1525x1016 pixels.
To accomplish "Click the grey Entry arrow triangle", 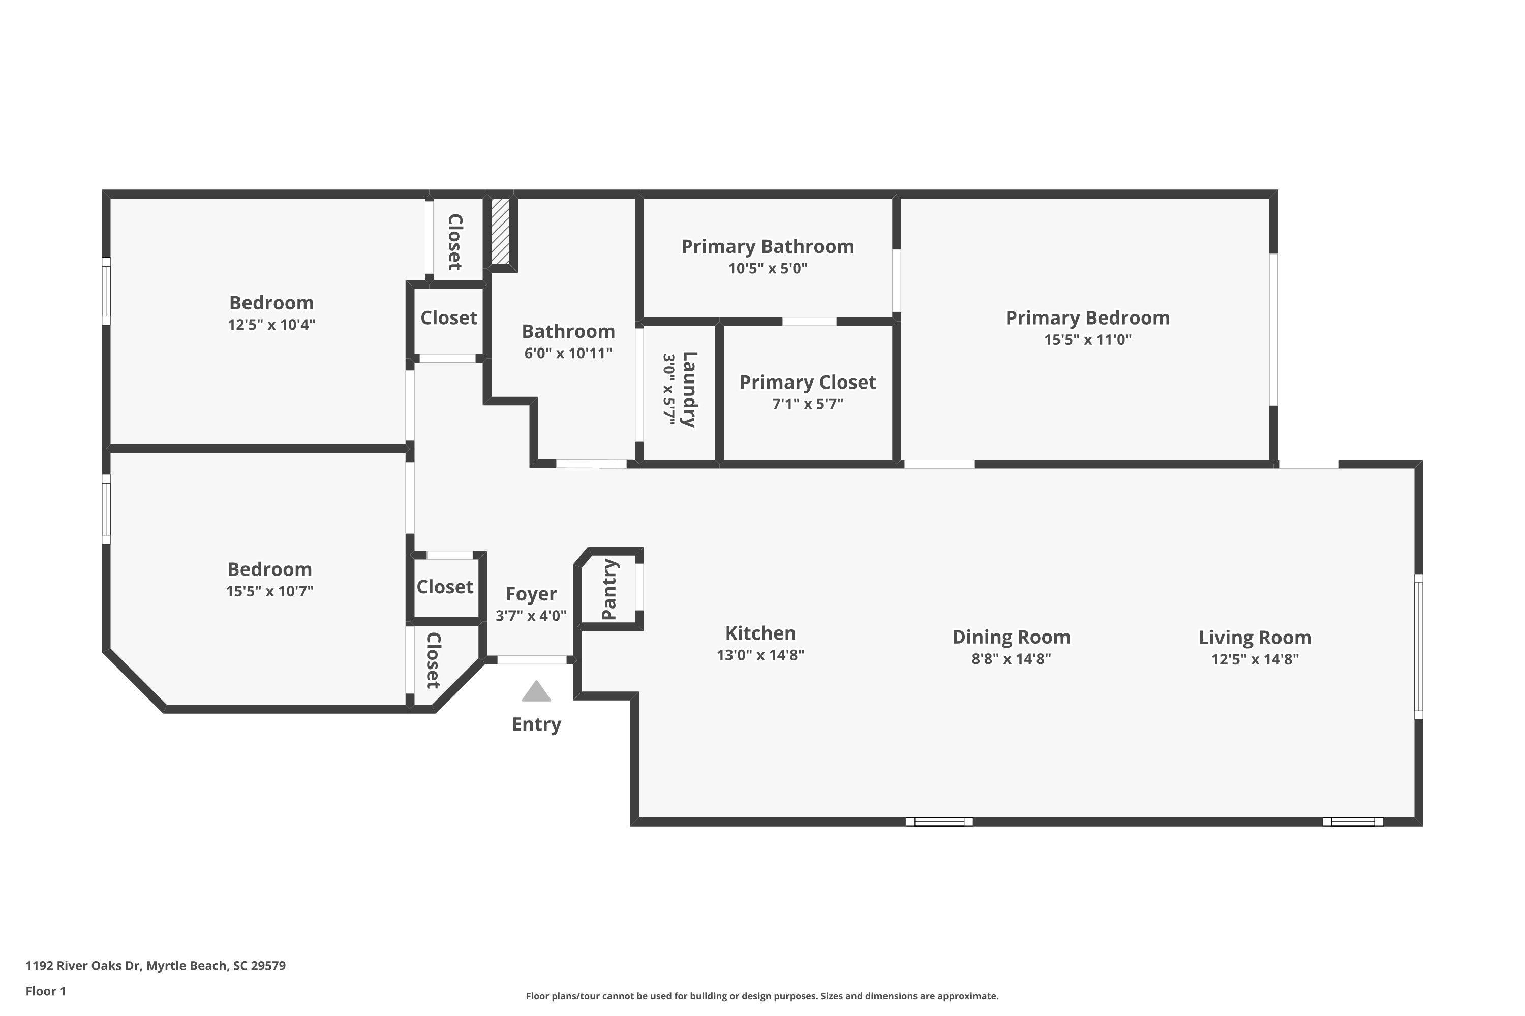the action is [536, 691].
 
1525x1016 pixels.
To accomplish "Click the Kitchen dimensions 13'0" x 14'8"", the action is [760, 655].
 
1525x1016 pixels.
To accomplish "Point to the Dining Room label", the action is [1011, 637].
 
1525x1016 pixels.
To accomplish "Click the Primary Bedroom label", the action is [1087, 317].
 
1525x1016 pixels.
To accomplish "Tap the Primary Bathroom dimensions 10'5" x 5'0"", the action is [768, 268].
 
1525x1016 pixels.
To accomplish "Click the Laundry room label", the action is [690, 390].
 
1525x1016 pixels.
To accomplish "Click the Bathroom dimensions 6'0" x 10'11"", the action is [569, 353].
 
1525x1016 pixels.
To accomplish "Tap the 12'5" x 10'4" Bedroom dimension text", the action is [271, 325].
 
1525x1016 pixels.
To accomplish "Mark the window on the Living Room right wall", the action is [1418, 646].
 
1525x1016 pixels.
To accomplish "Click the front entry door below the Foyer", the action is [532, 659].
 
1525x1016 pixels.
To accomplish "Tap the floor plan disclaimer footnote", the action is [762, 996].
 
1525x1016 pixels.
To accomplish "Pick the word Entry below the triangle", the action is [536, 724].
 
